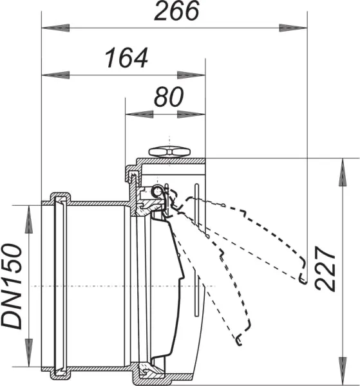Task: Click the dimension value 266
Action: [176, 11]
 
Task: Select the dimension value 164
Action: [126, 58]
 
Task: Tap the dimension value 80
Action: [169, 96]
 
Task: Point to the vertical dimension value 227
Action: [325, 268]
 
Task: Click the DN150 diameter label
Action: [12, 286]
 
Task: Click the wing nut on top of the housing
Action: [169, 151]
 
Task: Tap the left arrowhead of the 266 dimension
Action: [55, 28]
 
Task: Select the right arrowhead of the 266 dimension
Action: [293, 28]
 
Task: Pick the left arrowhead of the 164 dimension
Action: [55, 75]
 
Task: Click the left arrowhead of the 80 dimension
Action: [139, 115]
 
